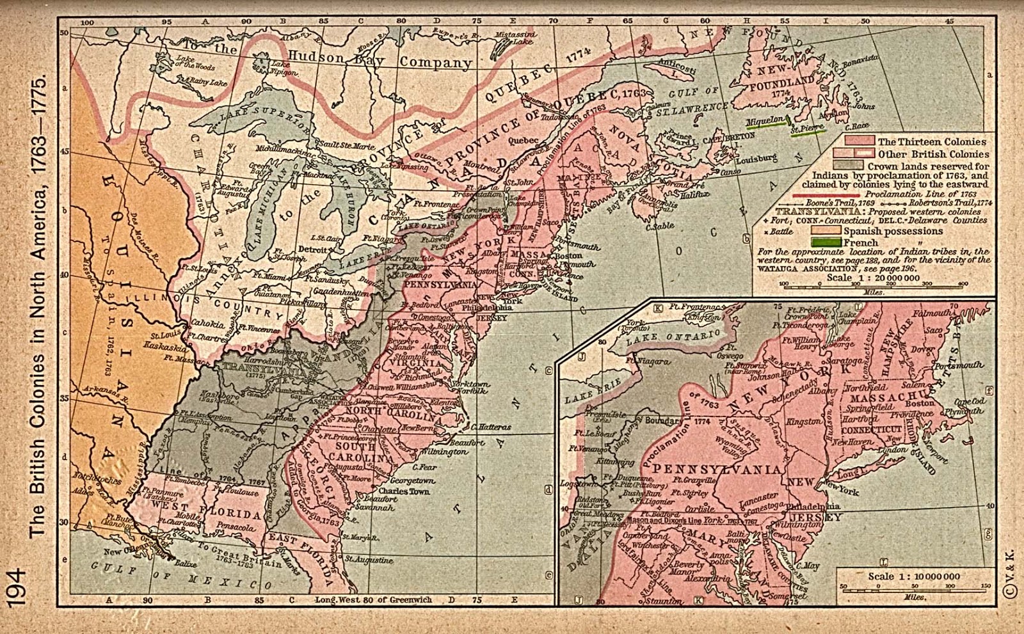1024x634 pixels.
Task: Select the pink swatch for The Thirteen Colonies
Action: (x=860, y=141)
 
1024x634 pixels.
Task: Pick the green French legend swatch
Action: (x=826, y=242)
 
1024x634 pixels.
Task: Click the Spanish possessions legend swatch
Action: (x=826, y=230)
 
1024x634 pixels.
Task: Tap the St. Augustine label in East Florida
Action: (x=370, y=560)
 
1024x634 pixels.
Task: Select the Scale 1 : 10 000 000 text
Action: (x=913, y=576)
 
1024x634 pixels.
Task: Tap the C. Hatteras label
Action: (x=492, y=426)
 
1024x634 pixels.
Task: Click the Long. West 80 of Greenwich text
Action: (x=374, y=600)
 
